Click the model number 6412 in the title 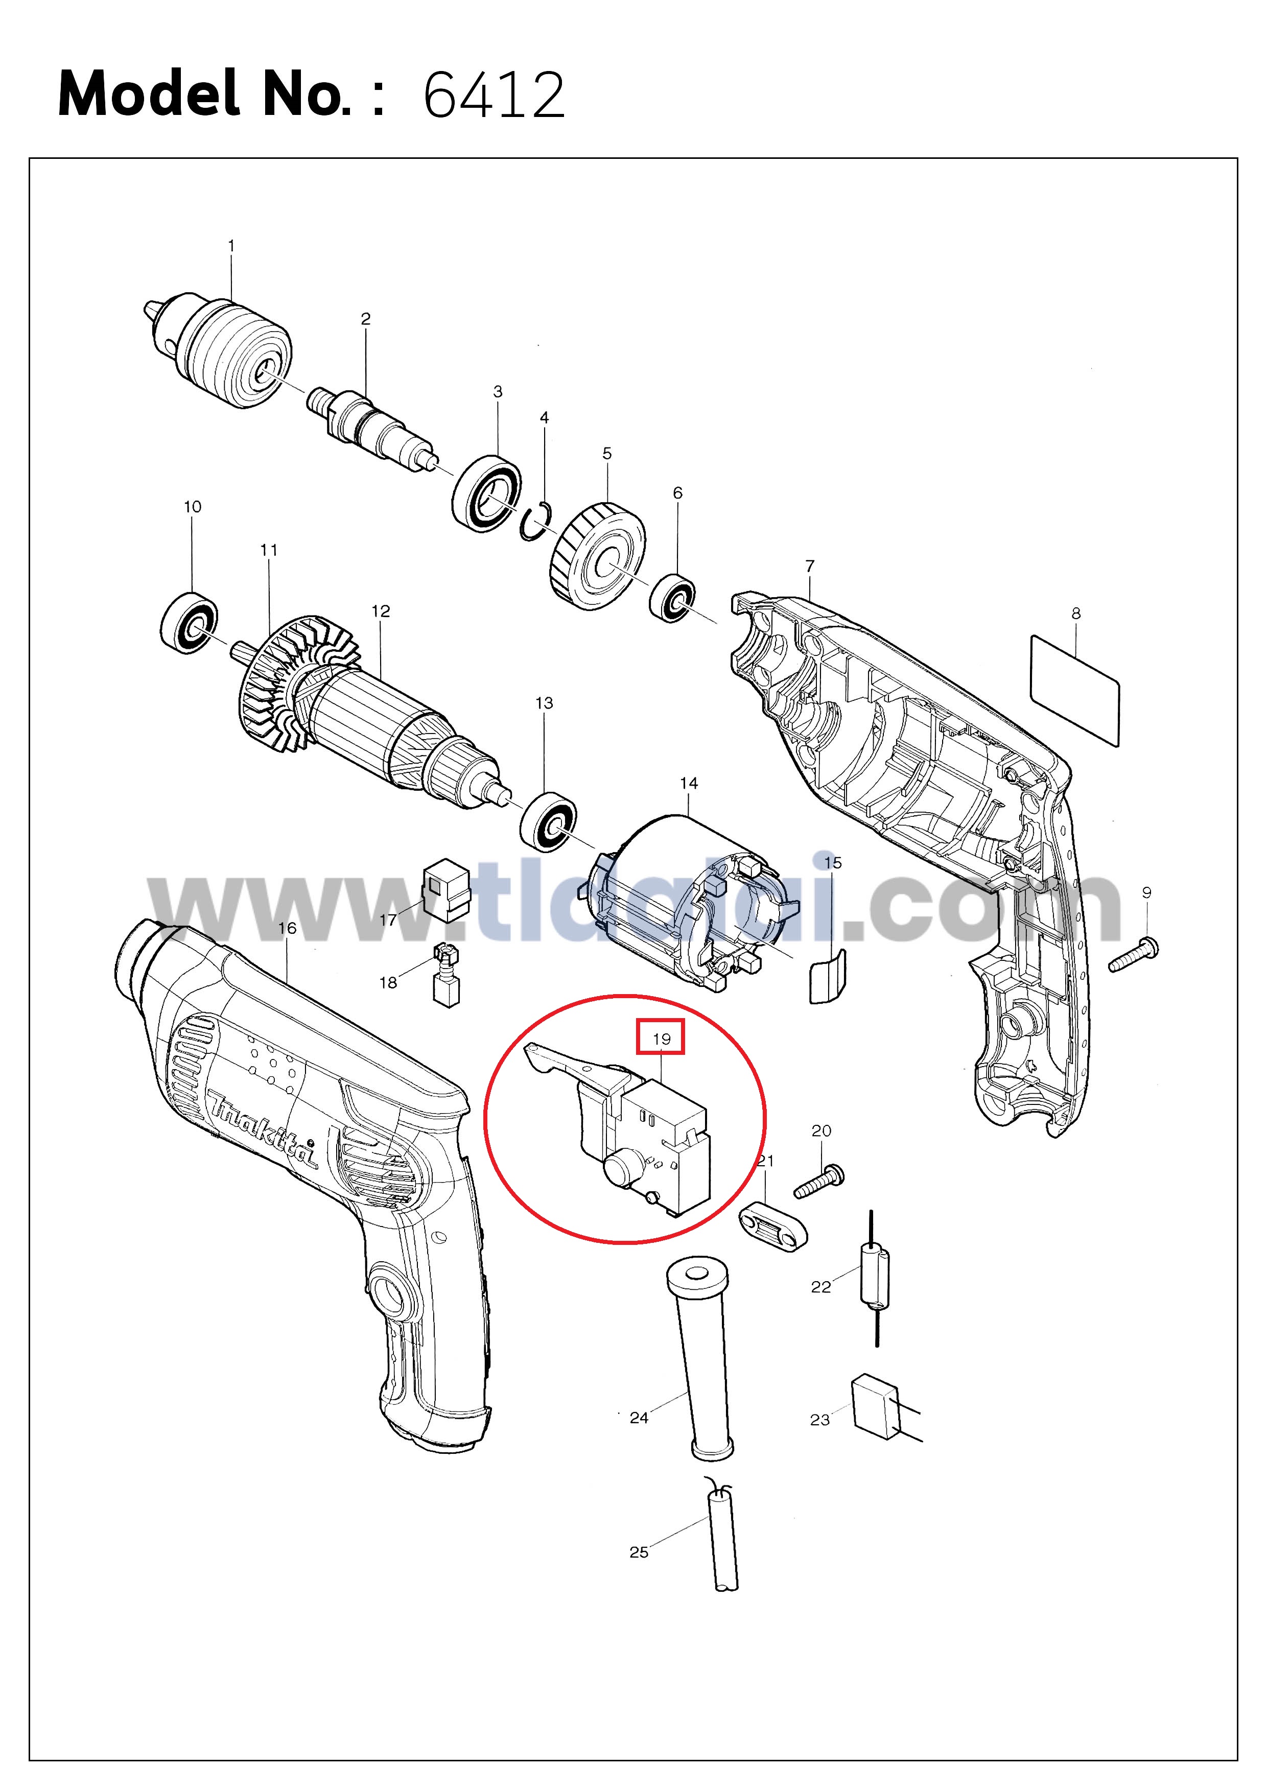[494, 95]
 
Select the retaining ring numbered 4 [538, 521]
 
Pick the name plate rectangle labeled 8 [1075, 691]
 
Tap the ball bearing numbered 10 [189, 623]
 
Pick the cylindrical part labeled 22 [874, 1277]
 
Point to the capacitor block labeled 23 [876, 1405]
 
